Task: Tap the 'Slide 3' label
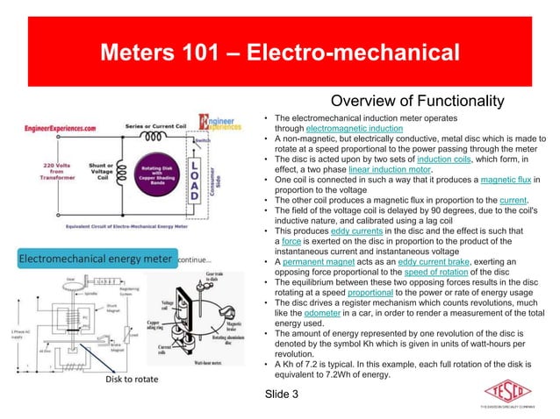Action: [x=282, y=394]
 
